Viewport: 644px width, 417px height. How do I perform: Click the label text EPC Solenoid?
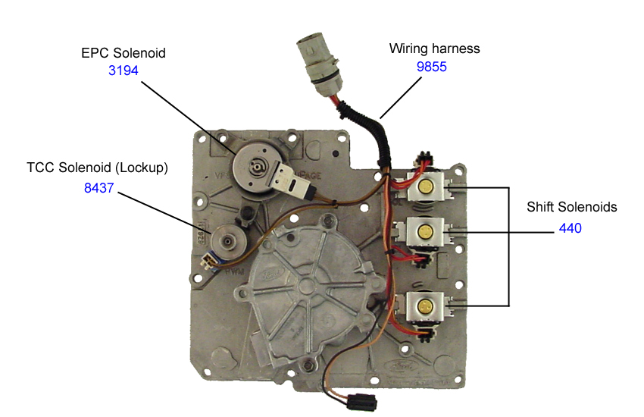(123, 54)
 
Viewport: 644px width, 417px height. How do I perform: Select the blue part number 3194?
(123, 71)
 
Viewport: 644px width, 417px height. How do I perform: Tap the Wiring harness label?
(434, 49)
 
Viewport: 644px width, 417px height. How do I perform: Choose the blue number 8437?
(98, 187)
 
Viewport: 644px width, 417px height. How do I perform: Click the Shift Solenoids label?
(571, 207)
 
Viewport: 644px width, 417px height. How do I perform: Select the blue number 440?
(570, 227)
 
